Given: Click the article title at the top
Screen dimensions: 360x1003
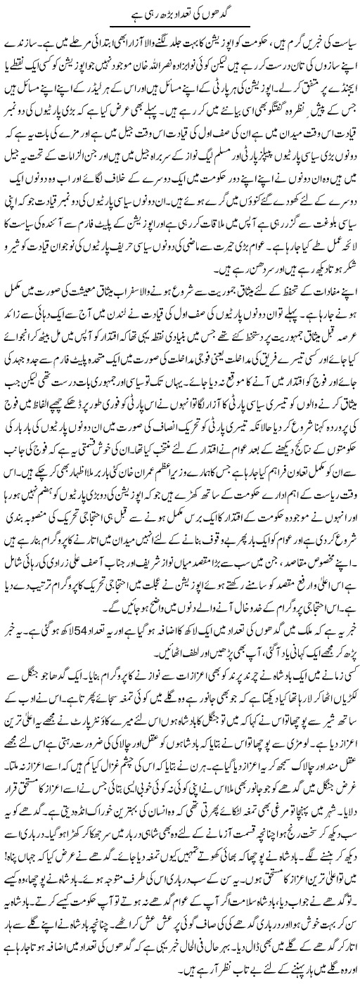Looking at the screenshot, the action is (x=180, y=13).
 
